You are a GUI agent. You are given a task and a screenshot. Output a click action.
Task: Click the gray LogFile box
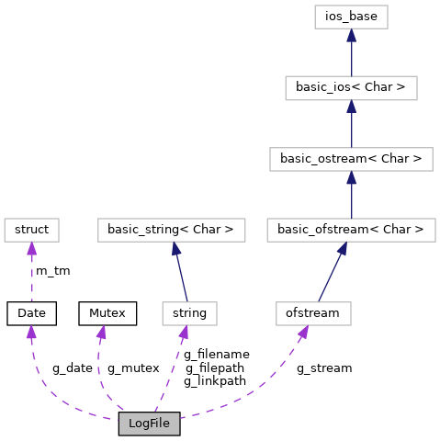(x=149, y=424)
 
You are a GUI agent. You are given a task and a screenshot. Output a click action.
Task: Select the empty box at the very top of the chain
(x=351, y=17)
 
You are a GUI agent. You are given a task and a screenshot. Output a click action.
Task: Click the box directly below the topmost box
(x=351, y=88)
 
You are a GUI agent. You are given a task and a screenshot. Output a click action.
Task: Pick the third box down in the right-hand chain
(x=351, y=159)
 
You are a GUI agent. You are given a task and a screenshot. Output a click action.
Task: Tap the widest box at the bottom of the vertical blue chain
(x=351, y=230)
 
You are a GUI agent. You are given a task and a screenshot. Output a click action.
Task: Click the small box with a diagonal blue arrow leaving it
(x=313, y=313)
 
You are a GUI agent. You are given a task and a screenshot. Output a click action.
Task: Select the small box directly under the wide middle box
(x=189, y=313)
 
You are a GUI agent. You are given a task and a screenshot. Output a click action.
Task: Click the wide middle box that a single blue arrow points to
(x=172, y=230)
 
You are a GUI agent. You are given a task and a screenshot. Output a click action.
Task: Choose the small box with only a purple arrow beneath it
(x=31, y=230)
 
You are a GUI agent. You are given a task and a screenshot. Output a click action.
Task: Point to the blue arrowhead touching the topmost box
(x=351, y=35)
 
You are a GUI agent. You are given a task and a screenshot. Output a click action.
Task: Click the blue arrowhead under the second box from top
(x=351, y=107)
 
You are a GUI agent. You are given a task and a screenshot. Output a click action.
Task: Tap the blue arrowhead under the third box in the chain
(x=351, y=177)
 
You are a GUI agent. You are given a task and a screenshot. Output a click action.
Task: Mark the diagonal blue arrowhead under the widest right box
(x=342, y=248)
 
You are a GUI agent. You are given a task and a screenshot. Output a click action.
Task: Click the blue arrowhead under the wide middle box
(x=175, y=248)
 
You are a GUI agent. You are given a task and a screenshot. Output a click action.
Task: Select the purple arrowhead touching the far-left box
(x=31, y=249)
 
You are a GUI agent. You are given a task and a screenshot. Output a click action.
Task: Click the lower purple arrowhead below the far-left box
(x=31, y=332)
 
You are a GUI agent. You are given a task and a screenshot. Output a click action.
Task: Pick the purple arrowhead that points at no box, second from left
(x=101, y=332)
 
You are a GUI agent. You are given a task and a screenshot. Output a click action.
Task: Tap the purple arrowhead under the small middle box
(x=184, y=332)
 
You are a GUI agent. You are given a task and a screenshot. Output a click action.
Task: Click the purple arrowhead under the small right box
(x=302, y=332)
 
